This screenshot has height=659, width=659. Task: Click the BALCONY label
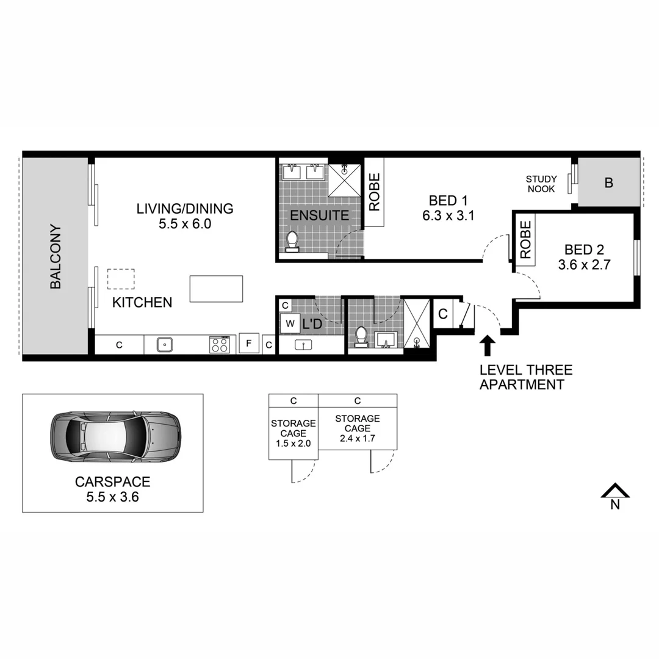56,256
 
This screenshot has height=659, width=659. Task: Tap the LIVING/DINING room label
184,209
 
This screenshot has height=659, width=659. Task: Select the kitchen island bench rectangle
216,289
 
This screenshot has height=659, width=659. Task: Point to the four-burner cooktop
220,345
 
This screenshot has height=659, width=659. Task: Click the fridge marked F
248,343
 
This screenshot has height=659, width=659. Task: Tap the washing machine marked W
289,323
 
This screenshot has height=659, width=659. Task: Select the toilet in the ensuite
292,242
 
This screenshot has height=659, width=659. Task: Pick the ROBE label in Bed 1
374,192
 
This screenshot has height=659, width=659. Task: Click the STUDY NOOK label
541,184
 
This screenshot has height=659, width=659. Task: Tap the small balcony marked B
608,182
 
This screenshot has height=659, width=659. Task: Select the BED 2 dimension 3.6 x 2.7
585,265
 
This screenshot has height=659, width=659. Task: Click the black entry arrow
487,345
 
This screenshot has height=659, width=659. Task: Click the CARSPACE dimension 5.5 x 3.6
113,497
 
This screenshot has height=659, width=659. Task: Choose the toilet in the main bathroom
361,336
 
